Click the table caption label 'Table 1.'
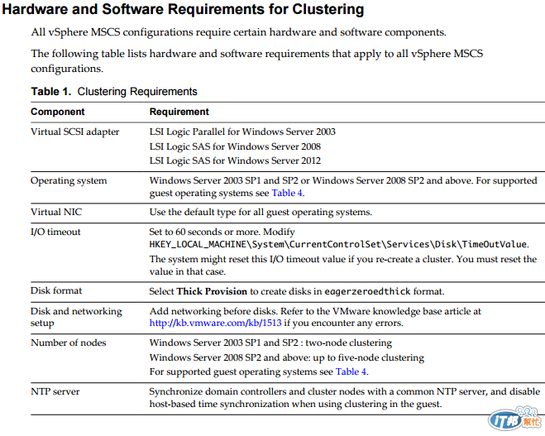51,91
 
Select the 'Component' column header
58,111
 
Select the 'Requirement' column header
179,111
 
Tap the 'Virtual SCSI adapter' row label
75,132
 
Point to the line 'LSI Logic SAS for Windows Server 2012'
235,161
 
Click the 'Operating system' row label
69,180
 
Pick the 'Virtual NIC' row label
56,212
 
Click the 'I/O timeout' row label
55,232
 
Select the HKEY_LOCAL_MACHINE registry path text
338,245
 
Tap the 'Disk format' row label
56,291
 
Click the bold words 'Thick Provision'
212,291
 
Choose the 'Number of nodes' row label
69,343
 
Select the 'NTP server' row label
55,390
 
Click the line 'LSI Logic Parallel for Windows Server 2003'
242,132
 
